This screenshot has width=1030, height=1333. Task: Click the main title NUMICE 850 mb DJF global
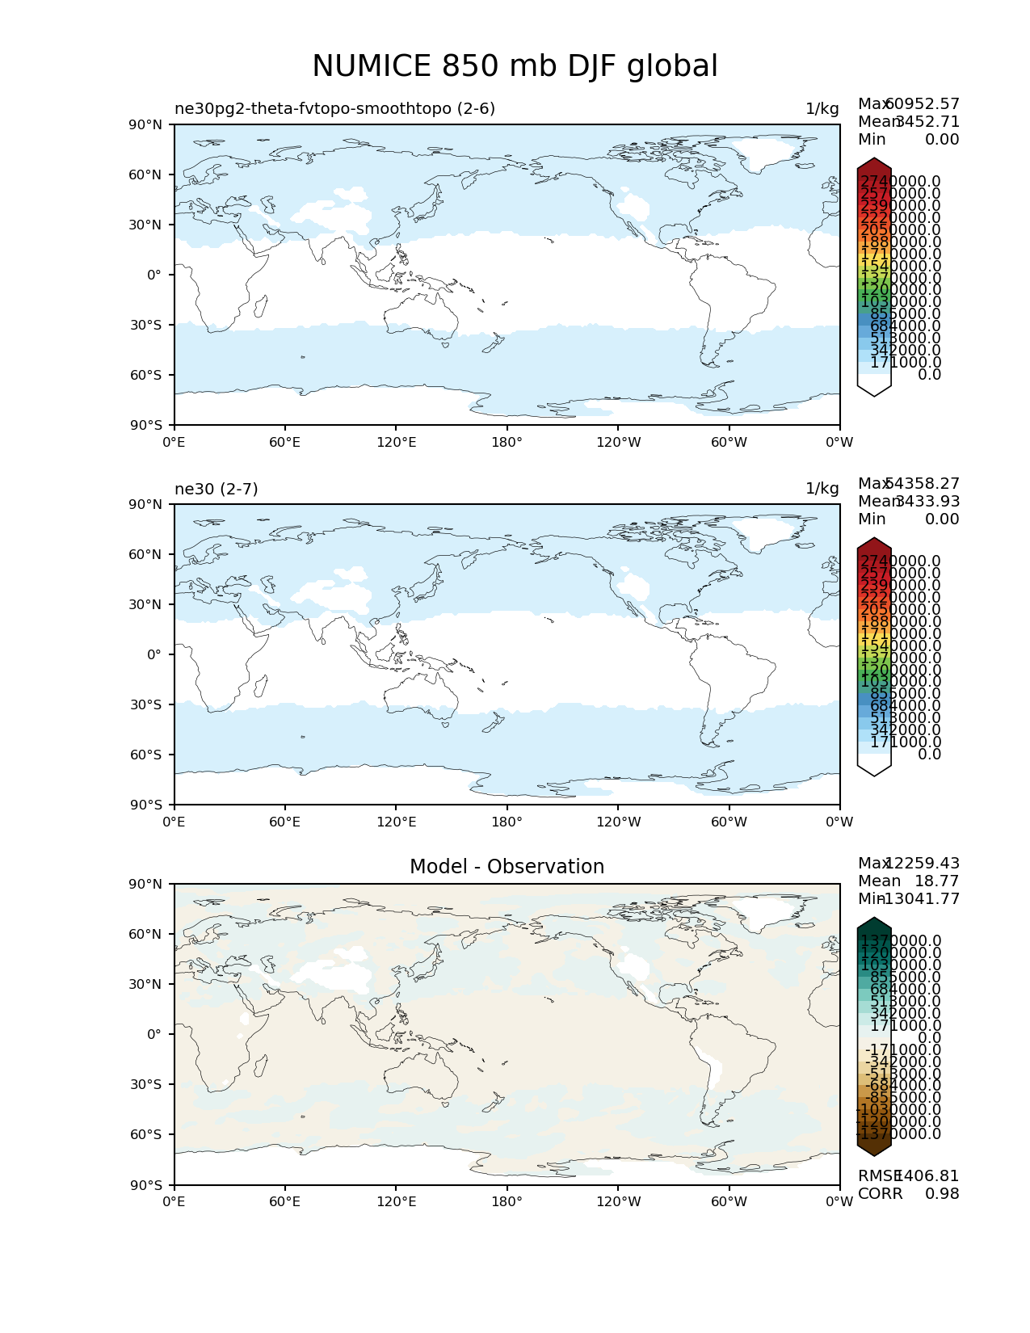point(515,66)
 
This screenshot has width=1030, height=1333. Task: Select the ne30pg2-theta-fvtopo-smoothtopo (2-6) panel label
point(334,109)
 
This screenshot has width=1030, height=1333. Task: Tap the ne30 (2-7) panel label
point(216,489)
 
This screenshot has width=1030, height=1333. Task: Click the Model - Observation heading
point(507,867)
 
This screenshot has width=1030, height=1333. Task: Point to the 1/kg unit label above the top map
point(822,109)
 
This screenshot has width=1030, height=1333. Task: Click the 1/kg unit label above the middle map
point(822,489)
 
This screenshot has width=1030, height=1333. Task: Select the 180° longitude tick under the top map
point(507,443)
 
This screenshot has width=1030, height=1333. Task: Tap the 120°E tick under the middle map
point(396,822)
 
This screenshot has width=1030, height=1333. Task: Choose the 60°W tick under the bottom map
point(729,1202)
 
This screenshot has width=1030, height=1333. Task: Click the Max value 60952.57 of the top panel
point(923,104)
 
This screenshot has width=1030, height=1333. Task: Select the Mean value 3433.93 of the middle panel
point(927,502)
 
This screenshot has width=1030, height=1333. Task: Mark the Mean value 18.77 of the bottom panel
point(936,881)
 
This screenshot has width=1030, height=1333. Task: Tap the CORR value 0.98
point(942,1194)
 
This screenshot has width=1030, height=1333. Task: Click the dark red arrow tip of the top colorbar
point(874,165)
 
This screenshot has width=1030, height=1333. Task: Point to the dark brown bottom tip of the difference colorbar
point(874,1149)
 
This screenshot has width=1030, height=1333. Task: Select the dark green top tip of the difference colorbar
point(874,924)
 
